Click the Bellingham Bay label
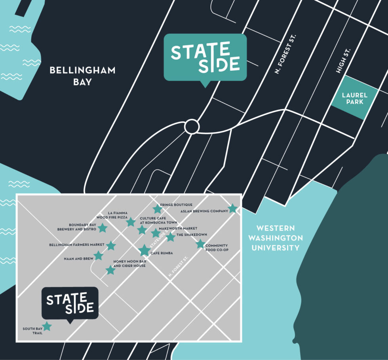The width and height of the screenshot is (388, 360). [x=82, y=76]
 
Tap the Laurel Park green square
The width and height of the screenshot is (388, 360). [x=354, y=98]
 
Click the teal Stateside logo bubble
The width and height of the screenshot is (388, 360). [x=205, y=58]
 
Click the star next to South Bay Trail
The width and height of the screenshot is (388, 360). [x=47, y=326]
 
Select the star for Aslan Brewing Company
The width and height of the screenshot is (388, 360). [x=233, y=208]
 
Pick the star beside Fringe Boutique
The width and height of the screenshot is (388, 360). [x=158, y=208]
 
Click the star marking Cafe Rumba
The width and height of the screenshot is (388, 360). [x=145, y=250]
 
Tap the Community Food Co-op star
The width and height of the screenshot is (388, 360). [x=200, y=244]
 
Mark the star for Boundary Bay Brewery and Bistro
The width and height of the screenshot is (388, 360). [x=103, y=228]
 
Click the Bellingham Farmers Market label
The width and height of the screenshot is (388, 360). [x=76, y=245]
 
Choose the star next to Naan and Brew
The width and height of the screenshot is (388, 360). [x=98, y=256]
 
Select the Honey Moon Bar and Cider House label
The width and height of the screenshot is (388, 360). [x=129, y=263]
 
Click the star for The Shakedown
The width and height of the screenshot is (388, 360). [x=170, y=237]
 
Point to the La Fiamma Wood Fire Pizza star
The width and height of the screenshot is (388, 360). [x=131, y=222]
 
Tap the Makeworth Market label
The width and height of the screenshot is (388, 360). [x=178, y=229]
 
